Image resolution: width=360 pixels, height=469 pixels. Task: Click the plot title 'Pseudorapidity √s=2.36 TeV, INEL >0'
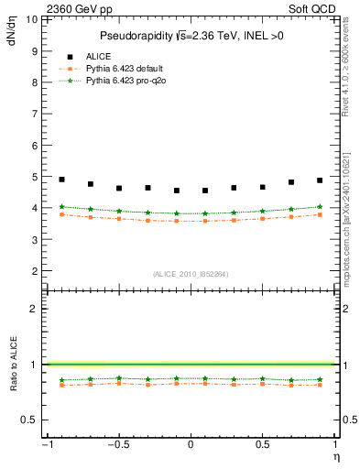pos(190,36)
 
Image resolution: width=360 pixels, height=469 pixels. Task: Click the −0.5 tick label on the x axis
pos(117,445)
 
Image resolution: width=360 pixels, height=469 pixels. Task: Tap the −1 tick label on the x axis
pos(46,445)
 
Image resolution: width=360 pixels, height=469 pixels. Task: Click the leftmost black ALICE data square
pos(61,180)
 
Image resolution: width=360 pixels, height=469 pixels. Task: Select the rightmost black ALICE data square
pos(320,180)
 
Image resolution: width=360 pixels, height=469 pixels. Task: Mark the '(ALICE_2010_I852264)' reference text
pos(190,274)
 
